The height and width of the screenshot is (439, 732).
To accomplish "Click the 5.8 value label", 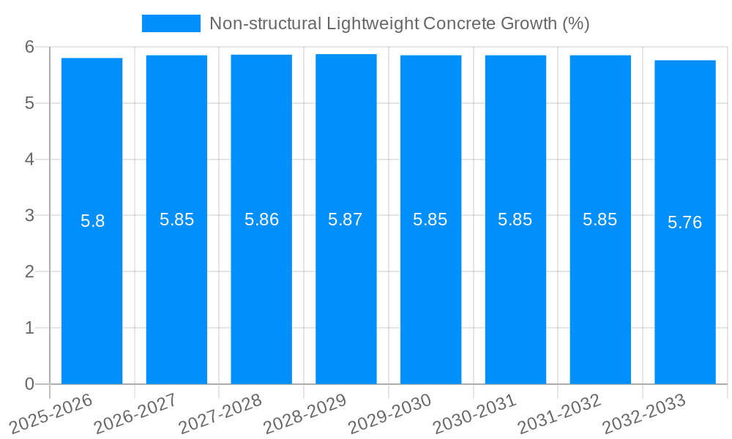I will [93, 221].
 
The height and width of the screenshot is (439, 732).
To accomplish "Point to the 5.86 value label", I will [261, 219].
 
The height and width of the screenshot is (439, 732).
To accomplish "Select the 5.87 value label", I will [346, 219].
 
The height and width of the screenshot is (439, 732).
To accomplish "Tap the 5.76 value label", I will [685, 222].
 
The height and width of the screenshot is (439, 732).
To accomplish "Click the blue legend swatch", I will [171, 23].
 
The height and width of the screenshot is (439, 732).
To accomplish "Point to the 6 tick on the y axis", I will [29, 47].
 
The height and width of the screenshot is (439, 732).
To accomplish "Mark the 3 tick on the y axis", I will [29, 215].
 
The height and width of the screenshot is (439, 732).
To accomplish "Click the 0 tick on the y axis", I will [29, 384].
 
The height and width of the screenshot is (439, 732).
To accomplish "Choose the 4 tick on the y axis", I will [29, 159].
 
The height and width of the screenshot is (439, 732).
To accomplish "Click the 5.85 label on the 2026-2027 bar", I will [176, 219].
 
